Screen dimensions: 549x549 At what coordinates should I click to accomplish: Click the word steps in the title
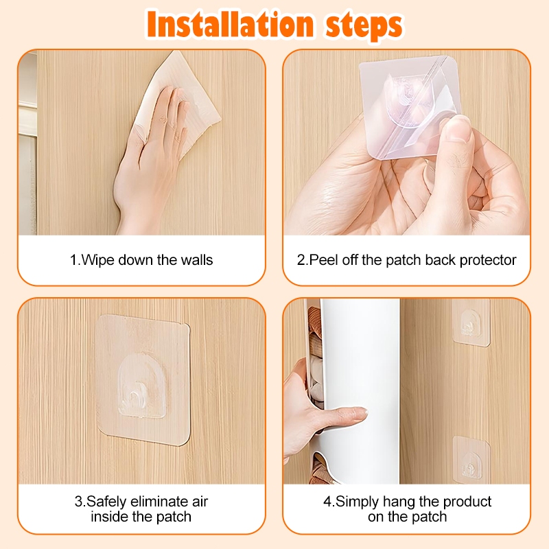pyautogui.click(x=364, y=26)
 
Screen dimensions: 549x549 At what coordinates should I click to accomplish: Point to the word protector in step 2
pyautogui.click(x=488, y=261)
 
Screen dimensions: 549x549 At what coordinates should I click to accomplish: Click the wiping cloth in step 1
pyautogui.click(x=178, y=105)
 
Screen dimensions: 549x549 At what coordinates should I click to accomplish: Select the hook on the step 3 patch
pyautogui.click(x=135, y=400)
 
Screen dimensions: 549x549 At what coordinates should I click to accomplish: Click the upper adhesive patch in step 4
pyautogui.click(x=471, y=323)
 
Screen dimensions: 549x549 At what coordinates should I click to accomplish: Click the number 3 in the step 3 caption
pyautogui.click(x=78, y=502)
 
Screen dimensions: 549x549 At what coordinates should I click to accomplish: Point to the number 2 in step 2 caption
pyautogui.click(x=301, y=260)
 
